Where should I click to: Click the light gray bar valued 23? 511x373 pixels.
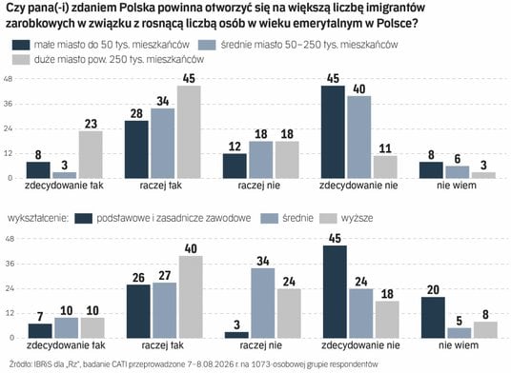[x=91, y=154]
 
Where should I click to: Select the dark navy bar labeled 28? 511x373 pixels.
[x=136, y=149]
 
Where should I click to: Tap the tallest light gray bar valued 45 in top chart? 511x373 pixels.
[x=189, y=132]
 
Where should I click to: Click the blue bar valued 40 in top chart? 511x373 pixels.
[x=359, y=137]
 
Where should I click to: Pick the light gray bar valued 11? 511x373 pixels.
[x=385, y=167]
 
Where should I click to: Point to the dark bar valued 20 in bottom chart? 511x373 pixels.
[x=433, y=318]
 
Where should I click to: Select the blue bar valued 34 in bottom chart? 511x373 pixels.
[x=263, y=304]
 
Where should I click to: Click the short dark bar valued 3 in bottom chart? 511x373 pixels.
[x=237, y=335]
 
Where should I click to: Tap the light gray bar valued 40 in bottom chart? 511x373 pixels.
[x=191, y=297]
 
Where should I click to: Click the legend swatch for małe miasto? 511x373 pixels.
[x=21, y=45]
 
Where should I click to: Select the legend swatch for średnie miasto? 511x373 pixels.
[x=207, y=45]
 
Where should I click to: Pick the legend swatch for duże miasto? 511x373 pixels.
[x=21, y=60]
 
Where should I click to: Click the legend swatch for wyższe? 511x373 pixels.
[x=328, y=218]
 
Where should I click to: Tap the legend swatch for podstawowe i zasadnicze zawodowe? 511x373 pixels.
[x=84, y=218]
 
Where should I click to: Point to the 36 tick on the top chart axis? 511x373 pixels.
[x=9, y=104]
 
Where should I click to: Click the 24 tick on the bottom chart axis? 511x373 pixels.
[x=10, y=288]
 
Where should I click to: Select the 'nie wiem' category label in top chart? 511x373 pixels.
[x=457, y=186]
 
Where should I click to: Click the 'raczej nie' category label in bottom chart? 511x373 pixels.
[x=260, y=345]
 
